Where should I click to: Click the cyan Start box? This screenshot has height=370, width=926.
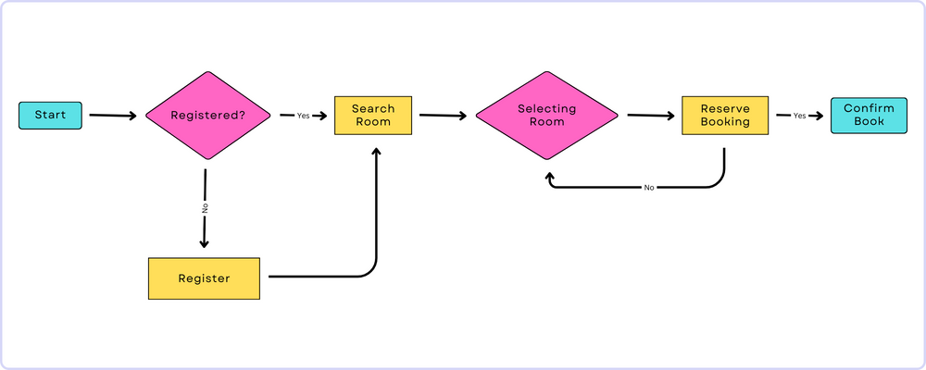tap(50, 116)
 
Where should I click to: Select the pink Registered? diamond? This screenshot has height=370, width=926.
tap(207, 117)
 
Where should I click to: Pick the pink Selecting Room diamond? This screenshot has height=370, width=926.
tap(546, 116)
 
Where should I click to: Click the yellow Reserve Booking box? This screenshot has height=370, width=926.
tap(725, 116)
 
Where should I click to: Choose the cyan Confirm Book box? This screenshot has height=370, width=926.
tap(869, 116)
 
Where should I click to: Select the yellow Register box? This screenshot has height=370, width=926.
tap(204, 277)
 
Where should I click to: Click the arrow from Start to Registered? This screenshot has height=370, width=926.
tap(112, 116)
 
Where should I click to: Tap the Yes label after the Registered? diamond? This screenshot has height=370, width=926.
tap(303, 116)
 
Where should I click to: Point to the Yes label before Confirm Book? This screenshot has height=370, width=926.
tap(799, 116)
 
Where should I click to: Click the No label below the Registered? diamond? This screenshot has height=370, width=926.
tap(205, 208)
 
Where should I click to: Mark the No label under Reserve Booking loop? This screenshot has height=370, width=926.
tap(649, 188)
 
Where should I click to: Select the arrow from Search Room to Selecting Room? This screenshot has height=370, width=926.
tap(443, 116)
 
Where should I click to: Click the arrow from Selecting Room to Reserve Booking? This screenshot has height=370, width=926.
tap(651, 116)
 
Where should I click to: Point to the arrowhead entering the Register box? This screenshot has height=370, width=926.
tap(205, 243)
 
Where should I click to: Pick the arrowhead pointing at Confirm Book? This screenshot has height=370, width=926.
tap(819, 116)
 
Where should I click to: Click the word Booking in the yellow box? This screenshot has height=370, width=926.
tap(725, 122)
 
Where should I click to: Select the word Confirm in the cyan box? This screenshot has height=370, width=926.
tap(869, 108)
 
